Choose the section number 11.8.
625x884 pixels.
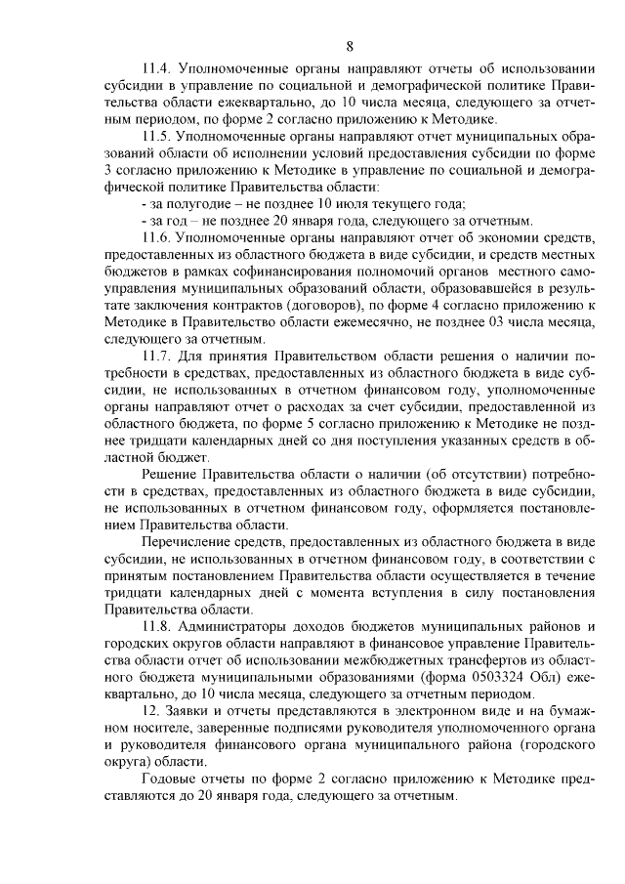(158, 624)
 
